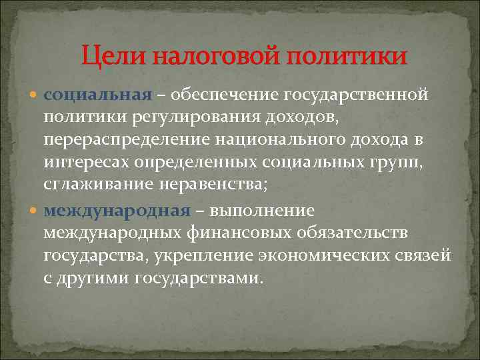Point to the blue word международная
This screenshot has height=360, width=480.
tap(117, 211)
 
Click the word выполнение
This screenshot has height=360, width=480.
tap(261, 211)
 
